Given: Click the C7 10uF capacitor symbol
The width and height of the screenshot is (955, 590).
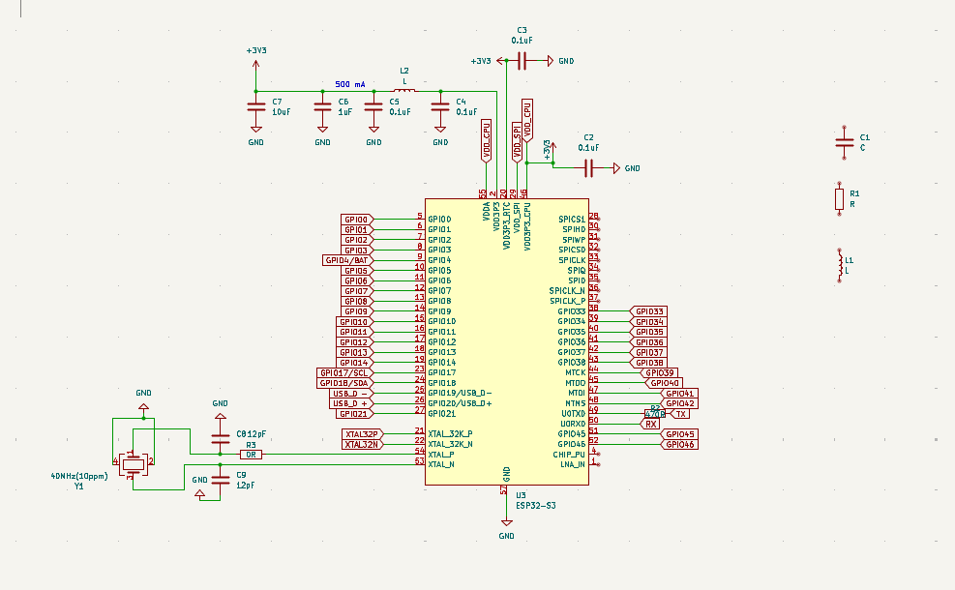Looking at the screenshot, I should [x=256, y=105].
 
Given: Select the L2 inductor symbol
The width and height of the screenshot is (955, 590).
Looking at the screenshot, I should [x=404, y=91].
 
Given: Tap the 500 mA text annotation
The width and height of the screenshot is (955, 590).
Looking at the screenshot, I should [x=350, y=83].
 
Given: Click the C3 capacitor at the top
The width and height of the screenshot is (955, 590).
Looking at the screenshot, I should [x=522, y=61].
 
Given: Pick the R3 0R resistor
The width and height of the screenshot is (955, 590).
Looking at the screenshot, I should [x=250, y=454].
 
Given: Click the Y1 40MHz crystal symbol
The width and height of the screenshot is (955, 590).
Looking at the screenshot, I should [x=134, y=464].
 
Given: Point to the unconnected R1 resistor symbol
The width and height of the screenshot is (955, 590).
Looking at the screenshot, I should [x=840, y=198].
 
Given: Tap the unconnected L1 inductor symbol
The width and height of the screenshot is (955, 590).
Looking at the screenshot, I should [x=840, y=264].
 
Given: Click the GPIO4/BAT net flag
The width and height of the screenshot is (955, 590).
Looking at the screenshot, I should [x=347, y=260].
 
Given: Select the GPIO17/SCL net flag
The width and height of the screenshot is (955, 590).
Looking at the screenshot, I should [x=345, y=372].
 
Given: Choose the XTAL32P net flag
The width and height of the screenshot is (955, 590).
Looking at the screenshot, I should [x=362, y=433].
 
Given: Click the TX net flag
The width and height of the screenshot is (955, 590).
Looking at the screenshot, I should [x=681, y=414].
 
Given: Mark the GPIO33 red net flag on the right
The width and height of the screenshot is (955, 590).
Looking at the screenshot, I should [x=648, y=311].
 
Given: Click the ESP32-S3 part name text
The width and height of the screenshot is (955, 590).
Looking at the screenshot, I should [x=535, y=505].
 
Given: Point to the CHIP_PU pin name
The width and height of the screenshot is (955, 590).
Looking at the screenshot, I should [x=569, y=454].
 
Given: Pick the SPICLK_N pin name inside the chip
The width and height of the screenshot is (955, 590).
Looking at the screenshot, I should [x=566, y=290].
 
